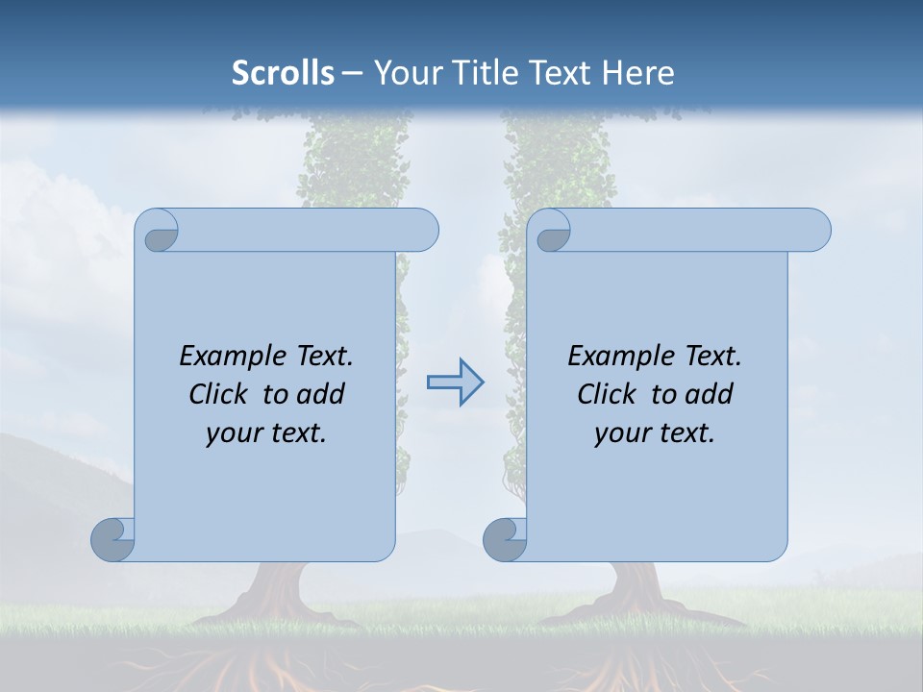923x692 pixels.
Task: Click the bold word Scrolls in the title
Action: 283,73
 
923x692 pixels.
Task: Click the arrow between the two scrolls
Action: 455,383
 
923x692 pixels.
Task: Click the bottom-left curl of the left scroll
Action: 112,539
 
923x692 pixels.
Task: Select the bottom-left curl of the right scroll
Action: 505,539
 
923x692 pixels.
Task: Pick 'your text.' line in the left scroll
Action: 266,432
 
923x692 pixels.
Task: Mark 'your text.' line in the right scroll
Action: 655,432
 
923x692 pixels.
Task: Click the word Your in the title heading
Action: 404,73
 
